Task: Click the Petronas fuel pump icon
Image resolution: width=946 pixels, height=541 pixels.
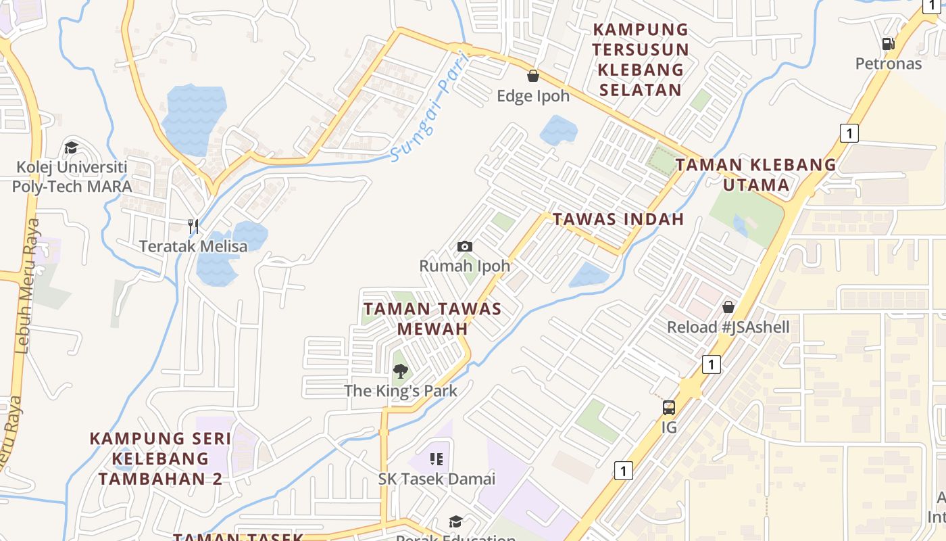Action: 888,44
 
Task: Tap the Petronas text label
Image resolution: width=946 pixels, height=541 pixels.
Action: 889,64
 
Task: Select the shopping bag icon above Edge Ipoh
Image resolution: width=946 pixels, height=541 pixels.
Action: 533,76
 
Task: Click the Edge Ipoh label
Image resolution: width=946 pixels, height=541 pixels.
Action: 533,96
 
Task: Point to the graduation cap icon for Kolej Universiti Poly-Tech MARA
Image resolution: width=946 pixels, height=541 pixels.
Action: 71,147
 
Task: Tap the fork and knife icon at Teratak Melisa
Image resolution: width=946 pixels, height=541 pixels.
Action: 193,226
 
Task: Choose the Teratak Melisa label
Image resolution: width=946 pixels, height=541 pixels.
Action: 193,246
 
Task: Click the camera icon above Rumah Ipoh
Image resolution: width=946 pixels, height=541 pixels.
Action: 465,246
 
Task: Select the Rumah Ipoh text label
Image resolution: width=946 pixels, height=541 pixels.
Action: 465,266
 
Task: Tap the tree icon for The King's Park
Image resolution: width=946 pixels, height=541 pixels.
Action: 401,371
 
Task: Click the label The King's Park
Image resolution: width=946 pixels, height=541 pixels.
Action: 401,391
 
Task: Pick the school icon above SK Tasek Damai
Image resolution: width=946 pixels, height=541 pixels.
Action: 437,460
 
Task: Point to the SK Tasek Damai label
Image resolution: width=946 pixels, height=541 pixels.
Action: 437,479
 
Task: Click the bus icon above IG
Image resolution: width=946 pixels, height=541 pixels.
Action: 668,408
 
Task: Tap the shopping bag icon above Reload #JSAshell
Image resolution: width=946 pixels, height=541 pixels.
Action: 728,307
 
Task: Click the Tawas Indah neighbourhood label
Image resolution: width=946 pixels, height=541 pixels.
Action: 618,219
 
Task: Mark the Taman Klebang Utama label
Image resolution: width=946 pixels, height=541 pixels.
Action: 756,174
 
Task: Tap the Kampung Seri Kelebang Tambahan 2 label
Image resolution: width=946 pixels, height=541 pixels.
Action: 161,458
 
